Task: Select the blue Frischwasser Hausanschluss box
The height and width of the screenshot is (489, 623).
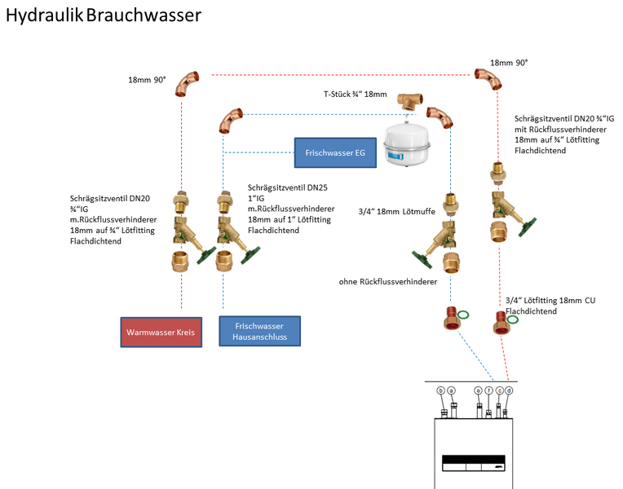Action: pos(259,332)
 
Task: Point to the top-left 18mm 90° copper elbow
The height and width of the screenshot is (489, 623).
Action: pos(188,82)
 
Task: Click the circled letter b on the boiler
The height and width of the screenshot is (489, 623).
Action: pos(441,390)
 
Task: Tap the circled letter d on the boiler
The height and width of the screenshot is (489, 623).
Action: pos(509,390)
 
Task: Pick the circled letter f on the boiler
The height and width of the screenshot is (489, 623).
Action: pos(488,390)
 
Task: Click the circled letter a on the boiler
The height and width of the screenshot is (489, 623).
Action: pos(451,390)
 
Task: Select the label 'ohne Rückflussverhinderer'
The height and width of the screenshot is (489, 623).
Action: pos(388,281)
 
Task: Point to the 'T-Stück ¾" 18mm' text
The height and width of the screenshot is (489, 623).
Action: pos(355,94)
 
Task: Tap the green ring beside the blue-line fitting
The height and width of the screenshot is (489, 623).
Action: pos(462,315)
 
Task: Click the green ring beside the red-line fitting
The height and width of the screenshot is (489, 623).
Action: pos(512,319)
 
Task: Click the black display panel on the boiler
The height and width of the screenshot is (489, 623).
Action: pos(474,463)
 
